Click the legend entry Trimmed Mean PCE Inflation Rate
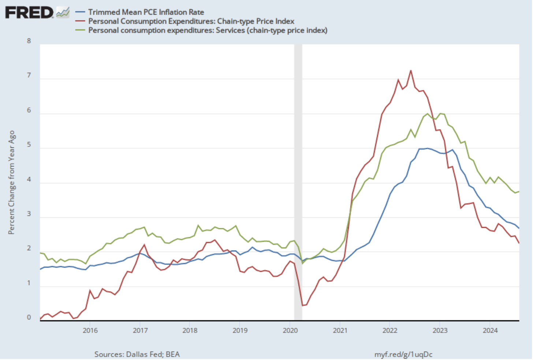pos(146,12)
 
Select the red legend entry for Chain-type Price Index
pos(191,21)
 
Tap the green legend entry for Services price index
pos(208,30)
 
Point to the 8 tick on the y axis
pos(29,41)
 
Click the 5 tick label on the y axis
pos(29,145)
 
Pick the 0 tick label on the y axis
pos(29,318)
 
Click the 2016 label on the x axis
pos(90,331)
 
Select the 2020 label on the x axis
pos(290,331)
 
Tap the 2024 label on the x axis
pos(490,331)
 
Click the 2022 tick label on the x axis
pos(390,331)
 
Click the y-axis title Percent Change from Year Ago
pos(12,182)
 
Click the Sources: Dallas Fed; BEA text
pos(137,354)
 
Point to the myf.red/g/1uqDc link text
pos(403,354)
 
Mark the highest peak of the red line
pos(411,71)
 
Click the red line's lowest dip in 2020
pos(303,305)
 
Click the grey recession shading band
pos(298,183)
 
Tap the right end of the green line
pos(519,191)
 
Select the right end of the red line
pos(519,243)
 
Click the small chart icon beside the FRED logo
pos(63,13)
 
